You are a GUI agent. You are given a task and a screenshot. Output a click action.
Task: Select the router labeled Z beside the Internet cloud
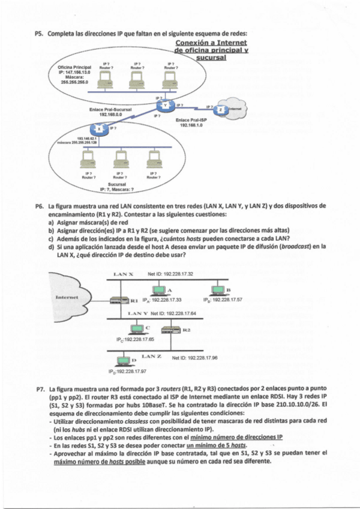pyautogui.click(x=221, y=110)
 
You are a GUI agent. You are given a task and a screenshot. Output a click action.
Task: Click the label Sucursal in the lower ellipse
pyautogui.click(x=119, y=183)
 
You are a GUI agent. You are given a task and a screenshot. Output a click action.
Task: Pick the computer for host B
pyautogui.click(x=217, y=289)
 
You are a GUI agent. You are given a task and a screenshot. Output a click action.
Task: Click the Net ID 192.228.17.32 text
pyautogui.click(x=170, y=274)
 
